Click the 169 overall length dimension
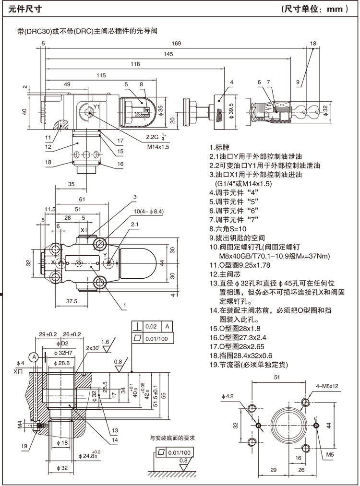tap(177, 44)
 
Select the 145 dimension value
tap(168, 54)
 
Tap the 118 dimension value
tap(135, 64)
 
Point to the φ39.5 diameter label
tap(231, 110)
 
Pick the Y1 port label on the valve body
tap(96, 106)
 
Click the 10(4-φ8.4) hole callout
tap(148, 211)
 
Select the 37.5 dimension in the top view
tap(72, 301)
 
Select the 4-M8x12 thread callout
tap(327, 385)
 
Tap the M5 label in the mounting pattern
tap(330, 453)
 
